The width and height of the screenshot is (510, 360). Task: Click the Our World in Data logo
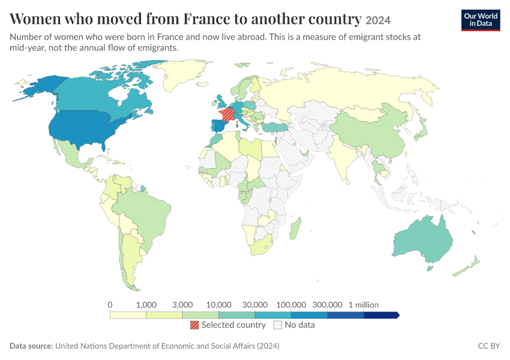tap(481, 20)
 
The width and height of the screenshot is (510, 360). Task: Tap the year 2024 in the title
tap(378, 20)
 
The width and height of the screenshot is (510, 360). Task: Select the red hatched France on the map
tap(227, 114)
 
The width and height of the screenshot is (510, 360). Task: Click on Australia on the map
tap(423, 240)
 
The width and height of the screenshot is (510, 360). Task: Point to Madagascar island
tap(295, 228)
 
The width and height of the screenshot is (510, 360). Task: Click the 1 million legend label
tap(364, 305)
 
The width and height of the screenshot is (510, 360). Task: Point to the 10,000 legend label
tap(218, 305)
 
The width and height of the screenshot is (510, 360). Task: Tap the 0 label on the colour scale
tap(110, 305)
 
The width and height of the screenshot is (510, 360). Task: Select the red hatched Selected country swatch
tap(194, 325)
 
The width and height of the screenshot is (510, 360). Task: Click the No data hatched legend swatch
tap(278, 325)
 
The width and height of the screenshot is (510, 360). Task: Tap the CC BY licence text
tap(488, 346)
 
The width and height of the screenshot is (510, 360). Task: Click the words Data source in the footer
tap(31, 346)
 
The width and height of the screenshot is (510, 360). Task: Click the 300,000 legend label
tap(327, 305)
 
